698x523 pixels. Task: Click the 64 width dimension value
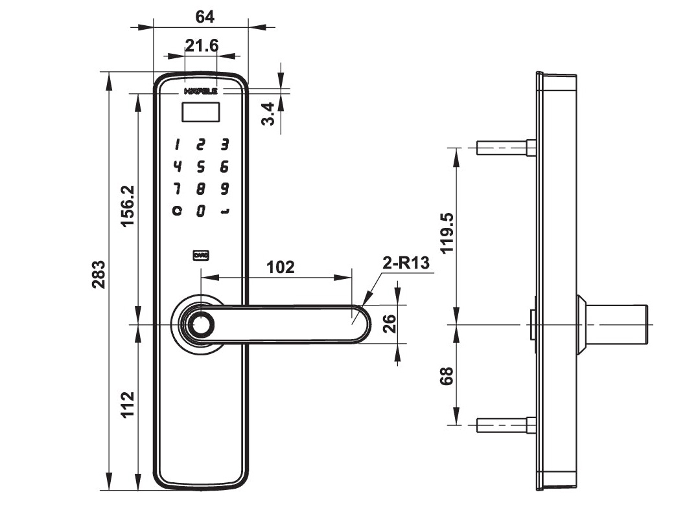(x=205, y=17)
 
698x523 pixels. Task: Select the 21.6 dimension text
(x=202, y=45)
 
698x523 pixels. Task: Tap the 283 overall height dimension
(x=98, y=274)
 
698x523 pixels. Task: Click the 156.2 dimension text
(x=128, y=206)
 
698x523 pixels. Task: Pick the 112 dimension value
(x=128, y=405)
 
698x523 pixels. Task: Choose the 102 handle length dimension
(x=281, y=267)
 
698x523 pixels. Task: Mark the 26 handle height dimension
(x=389, y=323)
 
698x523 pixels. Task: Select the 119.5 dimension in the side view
(x=447, y=234)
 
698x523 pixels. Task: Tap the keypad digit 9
(x=224, y=189)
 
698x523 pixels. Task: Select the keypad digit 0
(x=201, y=211)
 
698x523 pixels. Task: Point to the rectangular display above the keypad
(x=201, y=113)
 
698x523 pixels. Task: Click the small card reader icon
(x=201, y=256)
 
